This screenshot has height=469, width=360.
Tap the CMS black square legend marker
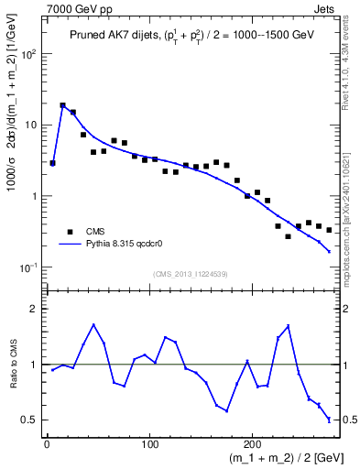[69, 232]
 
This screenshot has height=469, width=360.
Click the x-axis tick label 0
[47, 443]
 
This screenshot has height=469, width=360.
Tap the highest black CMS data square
[63, 106]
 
